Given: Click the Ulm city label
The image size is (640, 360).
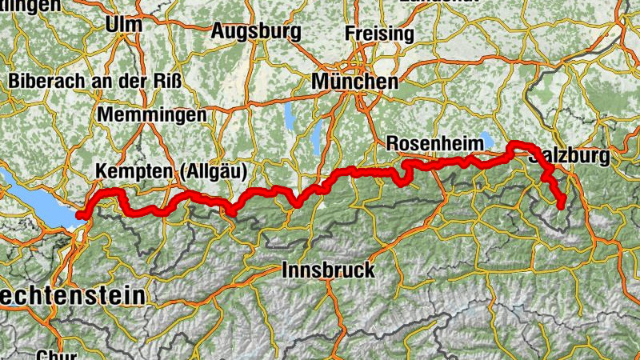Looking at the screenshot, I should [123, 24].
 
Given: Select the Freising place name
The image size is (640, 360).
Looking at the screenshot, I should [379, 34].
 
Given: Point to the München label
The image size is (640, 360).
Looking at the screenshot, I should [354, 82].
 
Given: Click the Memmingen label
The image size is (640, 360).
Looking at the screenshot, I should [151, 114].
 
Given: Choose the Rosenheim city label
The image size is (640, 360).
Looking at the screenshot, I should [434, 143].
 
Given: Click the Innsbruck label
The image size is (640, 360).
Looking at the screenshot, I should [328, 270].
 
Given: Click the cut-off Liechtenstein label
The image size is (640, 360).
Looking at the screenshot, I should [72, 295].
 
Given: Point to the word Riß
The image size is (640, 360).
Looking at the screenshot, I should [167, 81].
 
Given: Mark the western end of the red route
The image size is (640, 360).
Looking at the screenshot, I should [79, 214].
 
